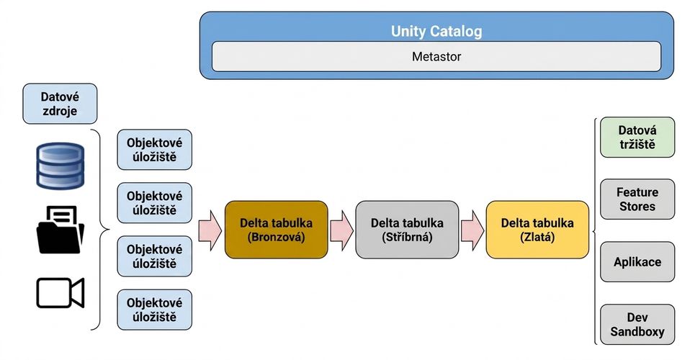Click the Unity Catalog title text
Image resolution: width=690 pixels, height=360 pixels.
coord(436,31)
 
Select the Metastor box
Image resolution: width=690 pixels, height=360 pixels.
coord(436,56)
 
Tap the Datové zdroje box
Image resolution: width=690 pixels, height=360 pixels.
coord(60,104)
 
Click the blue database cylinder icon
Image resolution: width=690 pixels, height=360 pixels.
coord(60,166)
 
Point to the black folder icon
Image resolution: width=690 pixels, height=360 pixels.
coord(60,230)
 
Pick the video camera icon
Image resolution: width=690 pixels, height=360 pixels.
coord(61,292)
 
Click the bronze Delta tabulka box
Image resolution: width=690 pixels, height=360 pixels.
coord(277,230)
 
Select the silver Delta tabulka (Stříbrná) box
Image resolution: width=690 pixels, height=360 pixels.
coord(407,230)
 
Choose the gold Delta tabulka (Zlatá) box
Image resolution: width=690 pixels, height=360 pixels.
coord(537,230)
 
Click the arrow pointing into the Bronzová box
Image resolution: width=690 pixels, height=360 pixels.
coord(210,230)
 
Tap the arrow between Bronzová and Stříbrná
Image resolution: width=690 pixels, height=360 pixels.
coord(341,230)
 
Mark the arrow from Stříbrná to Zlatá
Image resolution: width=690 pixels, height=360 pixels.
coord(472,230)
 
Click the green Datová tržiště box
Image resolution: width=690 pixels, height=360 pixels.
coord(637,138)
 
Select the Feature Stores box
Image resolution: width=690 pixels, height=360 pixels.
coord(637,199)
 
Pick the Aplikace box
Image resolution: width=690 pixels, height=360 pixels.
coord(637,262)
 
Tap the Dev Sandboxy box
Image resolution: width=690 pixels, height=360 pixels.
coord(637,324)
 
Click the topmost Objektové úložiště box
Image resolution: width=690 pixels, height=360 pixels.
coord(154,150)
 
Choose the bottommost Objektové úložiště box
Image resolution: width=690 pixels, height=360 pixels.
coord(154,310)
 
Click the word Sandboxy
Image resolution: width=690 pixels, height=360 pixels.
coord(637,332)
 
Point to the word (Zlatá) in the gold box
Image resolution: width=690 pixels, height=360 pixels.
coord(537,238)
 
